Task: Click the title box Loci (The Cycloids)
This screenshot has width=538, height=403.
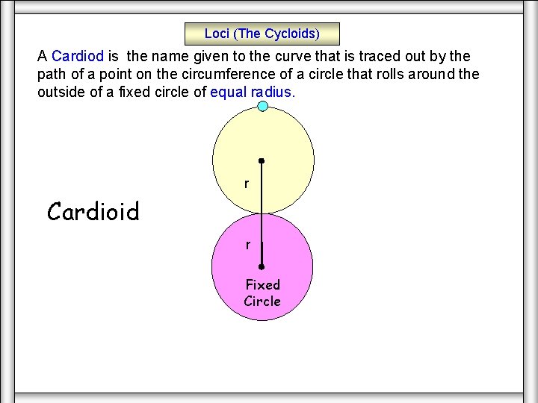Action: point(262,34)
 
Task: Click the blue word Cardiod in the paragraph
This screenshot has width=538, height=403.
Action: point(78,56)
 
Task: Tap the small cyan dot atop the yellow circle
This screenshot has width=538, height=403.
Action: point(263,106)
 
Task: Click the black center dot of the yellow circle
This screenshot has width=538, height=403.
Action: point(262,160)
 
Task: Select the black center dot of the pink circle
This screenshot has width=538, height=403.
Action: point(262,266)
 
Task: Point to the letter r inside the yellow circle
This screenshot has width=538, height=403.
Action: point(247,184)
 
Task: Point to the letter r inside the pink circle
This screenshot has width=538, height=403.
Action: point(247,244)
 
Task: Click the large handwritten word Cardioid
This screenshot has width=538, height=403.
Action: point(93,212)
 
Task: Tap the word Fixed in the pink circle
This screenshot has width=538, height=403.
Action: point(262,284)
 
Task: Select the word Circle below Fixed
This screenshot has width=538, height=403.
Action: point(262,302)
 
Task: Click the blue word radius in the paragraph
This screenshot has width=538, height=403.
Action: point(273,93)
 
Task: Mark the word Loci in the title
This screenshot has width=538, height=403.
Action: point(217,34)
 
